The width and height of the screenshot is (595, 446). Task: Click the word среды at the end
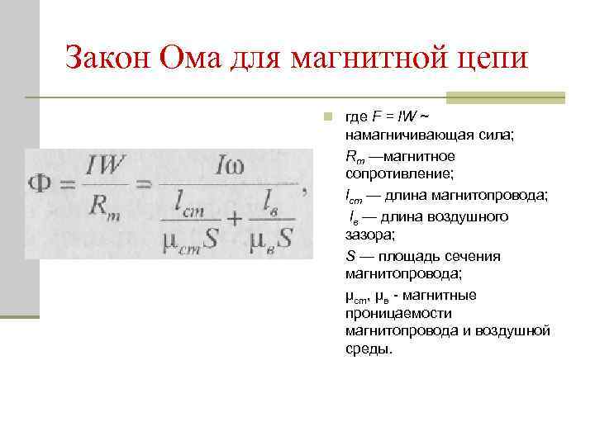click(x=367, y=349)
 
